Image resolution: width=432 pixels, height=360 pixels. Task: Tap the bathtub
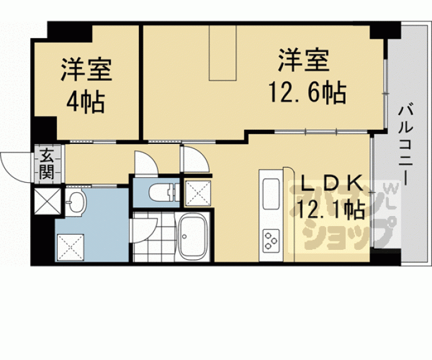pyautogui.click(x=192, y=237)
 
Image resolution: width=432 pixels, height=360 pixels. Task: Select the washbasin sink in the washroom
pyautogui.click(x=76, y=202)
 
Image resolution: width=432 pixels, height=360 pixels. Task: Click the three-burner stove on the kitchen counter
pyautogui.click(x=270, y=240)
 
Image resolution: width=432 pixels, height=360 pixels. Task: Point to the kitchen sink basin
pyautogui.click(x=271, y=193)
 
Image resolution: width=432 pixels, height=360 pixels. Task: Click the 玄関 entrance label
pyautogui.click(x=46, y=163)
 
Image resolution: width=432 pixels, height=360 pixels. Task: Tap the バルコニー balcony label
pyautogui.click(x=406, y=145)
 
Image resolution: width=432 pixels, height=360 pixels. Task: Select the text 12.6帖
pyautogui.click(x=307, y=92)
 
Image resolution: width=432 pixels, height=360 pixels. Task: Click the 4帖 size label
pyautogui.click(x=85, y=103)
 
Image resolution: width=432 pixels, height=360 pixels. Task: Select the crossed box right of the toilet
pyautogui.click(x=198, y=193)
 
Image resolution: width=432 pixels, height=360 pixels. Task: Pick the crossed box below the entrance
pyautogui.click(x=48, y=201)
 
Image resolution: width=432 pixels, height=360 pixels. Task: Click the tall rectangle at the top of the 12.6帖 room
pyautogui.click(x=223, y=53)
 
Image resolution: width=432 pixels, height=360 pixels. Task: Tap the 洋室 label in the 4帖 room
pyautogui.click(x=86, y=69)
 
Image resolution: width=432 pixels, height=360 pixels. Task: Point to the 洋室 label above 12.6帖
pyautogui.click(x=303, y=60)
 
